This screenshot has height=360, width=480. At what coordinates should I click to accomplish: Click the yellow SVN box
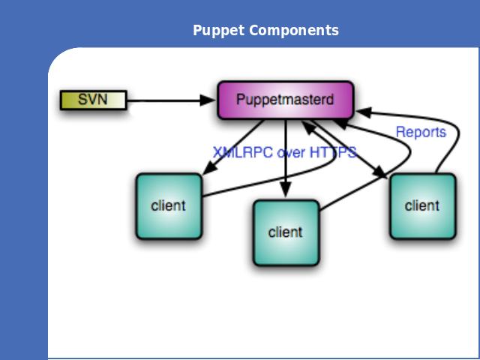93,100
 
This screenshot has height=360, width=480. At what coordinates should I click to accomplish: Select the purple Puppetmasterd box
286,100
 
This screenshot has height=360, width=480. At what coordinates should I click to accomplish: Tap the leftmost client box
169,206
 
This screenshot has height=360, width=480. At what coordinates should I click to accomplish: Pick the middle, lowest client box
286,232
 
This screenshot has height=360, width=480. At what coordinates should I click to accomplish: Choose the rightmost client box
423,206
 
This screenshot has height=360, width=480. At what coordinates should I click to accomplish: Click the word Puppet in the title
218,30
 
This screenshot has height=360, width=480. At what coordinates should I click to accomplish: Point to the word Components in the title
293,30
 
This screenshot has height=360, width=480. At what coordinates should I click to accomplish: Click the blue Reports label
421,132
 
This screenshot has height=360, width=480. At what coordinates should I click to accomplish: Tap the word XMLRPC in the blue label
242,152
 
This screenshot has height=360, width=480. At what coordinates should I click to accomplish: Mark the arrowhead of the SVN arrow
207,100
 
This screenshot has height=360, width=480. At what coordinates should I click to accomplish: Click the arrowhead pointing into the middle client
286,190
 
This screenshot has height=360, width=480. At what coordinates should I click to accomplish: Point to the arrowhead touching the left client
209,169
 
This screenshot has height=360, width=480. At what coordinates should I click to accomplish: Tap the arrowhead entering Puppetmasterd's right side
364,112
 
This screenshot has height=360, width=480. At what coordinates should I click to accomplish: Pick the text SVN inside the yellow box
93,100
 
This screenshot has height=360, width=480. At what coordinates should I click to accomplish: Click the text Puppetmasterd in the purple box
285,100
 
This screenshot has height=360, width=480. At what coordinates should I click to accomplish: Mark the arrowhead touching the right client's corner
380,172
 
